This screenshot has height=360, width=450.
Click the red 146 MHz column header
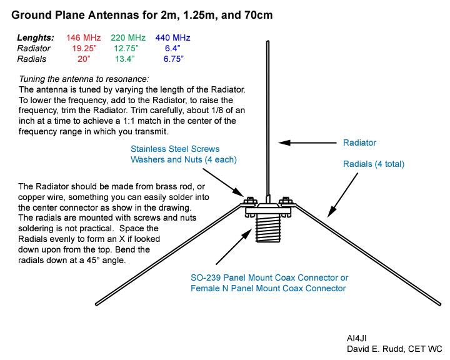pyautogui.click(x=84, y=38)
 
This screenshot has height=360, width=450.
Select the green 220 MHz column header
pyautogui.click(x=128, y=38)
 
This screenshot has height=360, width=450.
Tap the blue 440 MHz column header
pyautogui.click(x=172, y=38)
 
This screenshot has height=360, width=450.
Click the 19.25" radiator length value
pyautogui.click(x=84, y=48)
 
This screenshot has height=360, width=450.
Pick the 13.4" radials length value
pyautogui.click(x=125, y=59)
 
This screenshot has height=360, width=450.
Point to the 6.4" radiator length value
pyautogui.click(x=172, y=48)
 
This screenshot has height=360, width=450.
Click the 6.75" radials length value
pyautogui.click(x=174, y=59)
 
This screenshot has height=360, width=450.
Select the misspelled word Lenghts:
pyautogui.click(x=36, y=38)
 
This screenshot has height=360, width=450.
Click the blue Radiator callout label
pyautogui.click(x=359, y=142)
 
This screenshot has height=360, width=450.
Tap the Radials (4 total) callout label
pyautogui.click(x=374, y=164)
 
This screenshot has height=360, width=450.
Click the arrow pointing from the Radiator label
pyautogui.click(x=307, y=142)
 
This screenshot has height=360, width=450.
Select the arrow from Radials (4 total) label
pyautogui.click(x=342, y=195)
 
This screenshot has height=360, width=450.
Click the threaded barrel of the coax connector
pyautogui.click(x=268, y=229)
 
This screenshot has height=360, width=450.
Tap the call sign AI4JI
pyautogui.click(x=357, y=339)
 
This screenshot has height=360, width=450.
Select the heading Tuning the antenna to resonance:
pyautogui.click(x=84, y=79)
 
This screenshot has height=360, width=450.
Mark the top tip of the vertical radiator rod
pyautogui.click(x=267, y=41)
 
